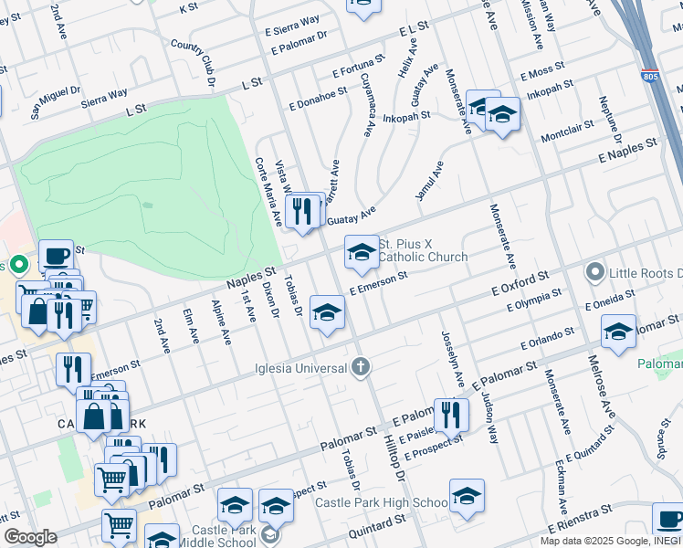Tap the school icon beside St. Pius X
point(362,251)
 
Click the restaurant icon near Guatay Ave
point(300,211)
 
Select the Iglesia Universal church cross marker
point(361,367)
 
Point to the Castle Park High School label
point(381,502)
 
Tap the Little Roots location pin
point(595,273)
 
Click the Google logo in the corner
point(30,537)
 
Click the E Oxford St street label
point(519,281)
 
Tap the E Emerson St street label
point(377,283)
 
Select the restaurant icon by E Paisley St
point(451,415)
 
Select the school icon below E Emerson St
point(327,312)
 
